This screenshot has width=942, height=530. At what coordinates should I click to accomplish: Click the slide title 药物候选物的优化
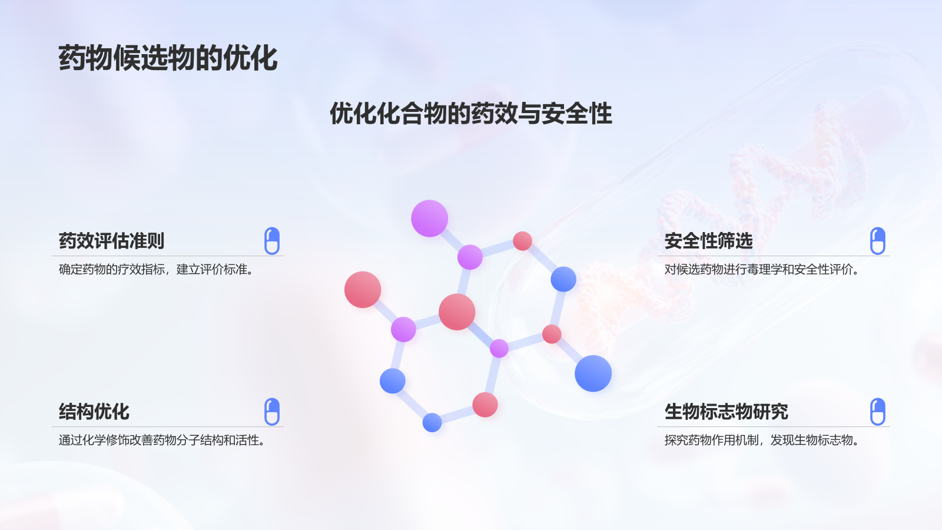tap(168, 58)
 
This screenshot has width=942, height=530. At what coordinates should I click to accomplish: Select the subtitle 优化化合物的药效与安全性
tap(470, 114)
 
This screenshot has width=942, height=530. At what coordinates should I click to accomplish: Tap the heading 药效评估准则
tap(111, 241)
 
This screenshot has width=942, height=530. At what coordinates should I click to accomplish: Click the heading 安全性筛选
tap(708, 241)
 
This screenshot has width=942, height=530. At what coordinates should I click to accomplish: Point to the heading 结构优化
tap(94, 412)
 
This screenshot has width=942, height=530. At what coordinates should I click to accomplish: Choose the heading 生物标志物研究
tap(726, 412)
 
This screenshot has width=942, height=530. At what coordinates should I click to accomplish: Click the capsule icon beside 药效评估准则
tap(272, 241)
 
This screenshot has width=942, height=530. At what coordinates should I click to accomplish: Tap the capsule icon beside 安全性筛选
tap(877, 241)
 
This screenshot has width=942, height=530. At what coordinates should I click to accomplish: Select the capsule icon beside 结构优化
tap(272, 412)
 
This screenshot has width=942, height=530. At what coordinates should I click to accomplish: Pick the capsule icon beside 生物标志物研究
tap(877, 412)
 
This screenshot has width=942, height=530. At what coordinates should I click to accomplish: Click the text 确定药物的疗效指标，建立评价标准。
tap(157, 270)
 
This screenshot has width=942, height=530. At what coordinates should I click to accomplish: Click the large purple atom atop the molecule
tap(429, 218)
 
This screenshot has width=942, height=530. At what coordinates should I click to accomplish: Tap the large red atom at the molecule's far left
tap(363, 290)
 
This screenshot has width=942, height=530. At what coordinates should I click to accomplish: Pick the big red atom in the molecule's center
tap(457, 312)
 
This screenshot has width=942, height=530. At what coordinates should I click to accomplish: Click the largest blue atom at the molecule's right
tap(593, 373)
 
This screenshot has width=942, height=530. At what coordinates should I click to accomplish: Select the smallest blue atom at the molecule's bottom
tap(432, 422)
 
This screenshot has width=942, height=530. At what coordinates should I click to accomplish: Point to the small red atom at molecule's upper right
tap(522, 241)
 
